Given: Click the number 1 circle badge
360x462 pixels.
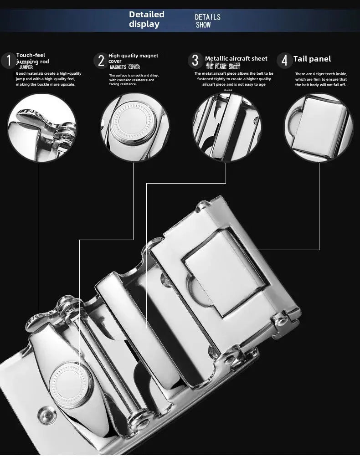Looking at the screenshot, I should tap(8, 61).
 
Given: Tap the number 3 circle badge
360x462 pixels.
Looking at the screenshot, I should tap(195, 61).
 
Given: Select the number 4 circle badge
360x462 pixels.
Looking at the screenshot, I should tap(285, 61).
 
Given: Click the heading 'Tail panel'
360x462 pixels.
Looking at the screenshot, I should tap(312, 59).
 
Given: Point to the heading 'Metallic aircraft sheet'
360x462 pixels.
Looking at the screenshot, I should tap(236, 58).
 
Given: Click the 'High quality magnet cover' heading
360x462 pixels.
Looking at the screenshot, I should tap(133, 58).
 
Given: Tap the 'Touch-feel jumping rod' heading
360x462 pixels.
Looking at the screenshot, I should tap(32, 58).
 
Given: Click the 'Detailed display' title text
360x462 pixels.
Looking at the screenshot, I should tap(147, 19).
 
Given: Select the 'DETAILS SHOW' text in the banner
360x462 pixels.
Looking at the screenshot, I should tap(207, 21).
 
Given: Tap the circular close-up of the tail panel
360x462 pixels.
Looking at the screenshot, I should tap(319, 127).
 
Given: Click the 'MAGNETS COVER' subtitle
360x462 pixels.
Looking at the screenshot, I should tap(125, 67).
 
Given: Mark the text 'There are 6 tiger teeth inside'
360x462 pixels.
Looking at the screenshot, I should tap(320, 74).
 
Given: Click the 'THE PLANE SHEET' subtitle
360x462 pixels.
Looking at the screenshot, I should tap(223, 67).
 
